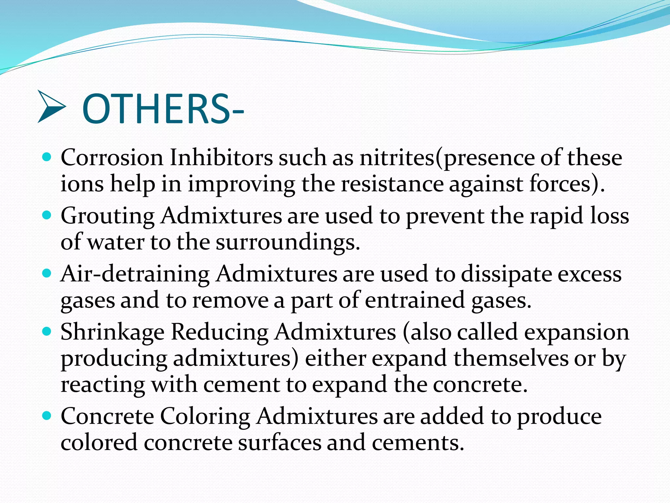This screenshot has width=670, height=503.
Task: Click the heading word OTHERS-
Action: pyautogui.click(x=163, y=109)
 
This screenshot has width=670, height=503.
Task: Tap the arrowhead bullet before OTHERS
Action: pyautogui.click(x=51, y=107)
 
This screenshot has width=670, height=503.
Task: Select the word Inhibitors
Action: pyautogui.click(x=221, y=158)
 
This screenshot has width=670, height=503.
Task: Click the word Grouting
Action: pyautogui.click(x=108, y=216)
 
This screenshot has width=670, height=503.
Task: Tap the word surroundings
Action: pyautogui.click(x=288, y=243)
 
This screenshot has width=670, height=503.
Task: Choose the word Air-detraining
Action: pyautogui.click(x=135, y=274)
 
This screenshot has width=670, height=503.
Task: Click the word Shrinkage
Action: pyautogui.click(x=113, y=333)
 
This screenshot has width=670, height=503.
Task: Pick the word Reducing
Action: pyautogui.click(x=220, y=333)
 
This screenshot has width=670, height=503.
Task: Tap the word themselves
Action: pyautogui.click(x=511, y=358)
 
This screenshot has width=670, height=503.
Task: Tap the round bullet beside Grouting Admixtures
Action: pyautogui.click(x=47, y=215)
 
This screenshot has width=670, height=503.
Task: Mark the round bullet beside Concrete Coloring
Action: pyautogui.click(x=47, y=416)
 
